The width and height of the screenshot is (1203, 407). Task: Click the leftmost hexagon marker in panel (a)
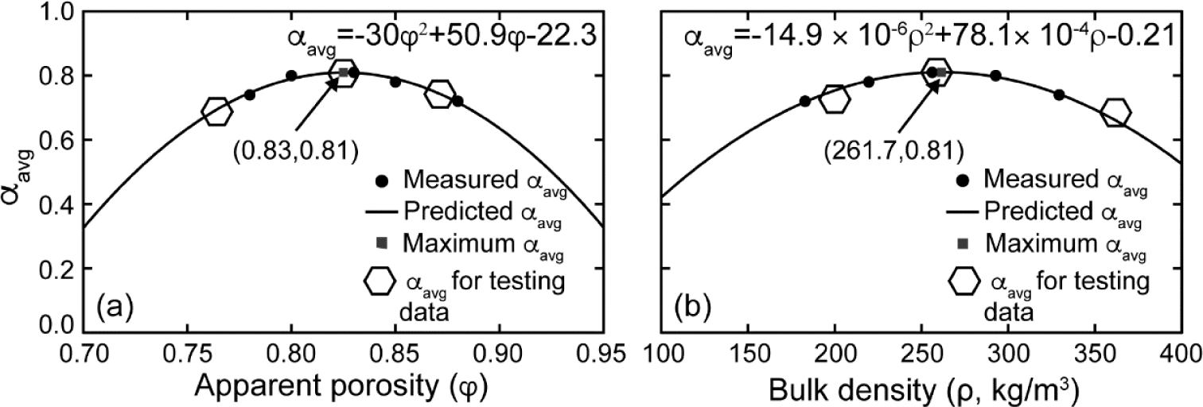pos(217,112)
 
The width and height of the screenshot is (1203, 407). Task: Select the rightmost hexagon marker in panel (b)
pos(1115,113)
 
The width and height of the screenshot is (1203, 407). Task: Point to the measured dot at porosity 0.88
pos(457,101)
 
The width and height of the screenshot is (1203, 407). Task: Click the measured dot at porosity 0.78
pos(250,95)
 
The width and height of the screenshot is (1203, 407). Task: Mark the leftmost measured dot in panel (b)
pos(805,101)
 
